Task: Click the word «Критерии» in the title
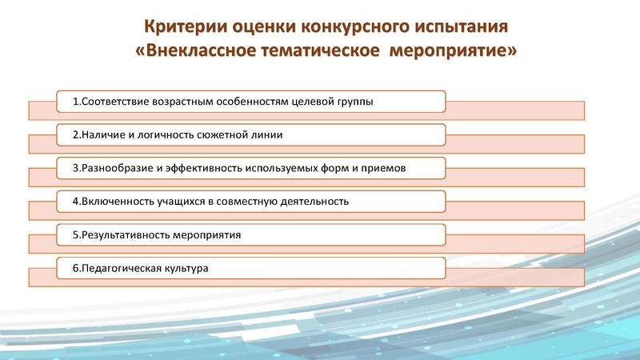[x=175, y=26]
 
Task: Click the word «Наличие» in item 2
[x=99, y=135]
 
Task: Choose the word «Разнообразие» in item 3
[x=113, y=169]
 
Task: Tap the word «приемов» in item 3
[x=386, y=169]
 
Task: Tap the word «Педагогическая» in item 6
[x=118, y=268]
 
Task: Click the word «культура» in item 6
[x=187, y=268]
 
